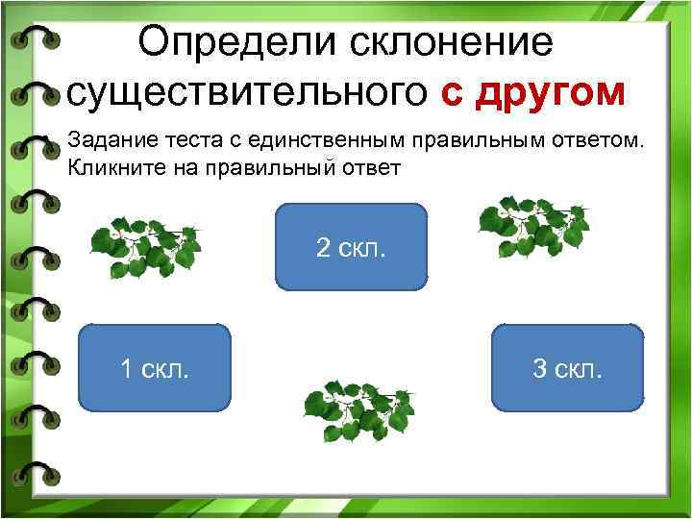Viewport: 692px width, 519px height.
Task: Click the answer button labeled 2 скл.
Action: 351,247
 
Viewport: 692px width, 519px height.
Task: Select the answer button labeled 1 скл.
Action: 154,367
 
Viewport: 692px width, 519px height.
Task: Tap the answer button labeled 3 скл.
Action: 567,367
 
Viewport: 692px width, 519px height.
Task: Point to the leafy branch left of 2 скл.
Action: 145,246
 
